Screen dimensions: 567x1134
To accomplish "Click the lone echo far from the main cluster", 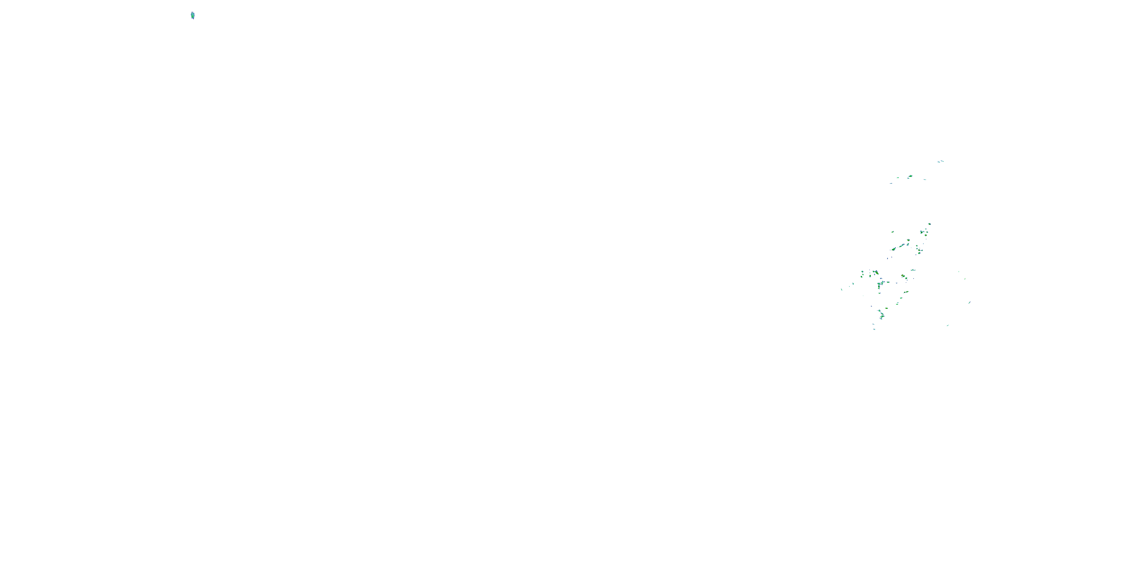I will (192, 16).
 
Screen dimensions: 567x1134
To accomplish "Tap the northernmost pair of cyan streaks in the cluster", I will (940, 161).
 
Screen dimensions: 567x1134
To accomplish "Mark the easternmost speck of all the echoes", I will (969, 302).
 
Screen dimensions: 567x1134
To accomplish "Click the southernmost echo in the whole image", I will (874, 329).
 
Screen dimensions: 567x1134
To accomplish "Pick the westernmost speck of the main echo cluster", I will (842, 289).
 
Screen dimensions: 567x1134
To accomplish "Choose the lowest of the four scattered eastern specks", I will (948, 325).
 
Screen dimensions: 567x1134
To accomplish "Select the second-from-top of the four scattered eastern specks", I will (965, 279).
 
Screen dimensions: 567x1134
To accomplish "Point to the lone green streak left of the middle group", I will (892, 232).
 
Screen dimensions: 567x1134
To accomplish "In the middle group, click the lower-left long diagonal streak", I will (894, 249).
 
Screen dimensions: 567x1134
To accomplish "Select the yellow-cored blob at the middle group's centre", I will (908, 240).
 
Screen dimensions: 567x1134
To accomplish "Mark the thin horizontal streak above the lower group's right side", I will (913, 270).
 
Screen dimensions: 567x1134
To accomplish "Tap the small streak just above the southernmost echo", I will (874, 324).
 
